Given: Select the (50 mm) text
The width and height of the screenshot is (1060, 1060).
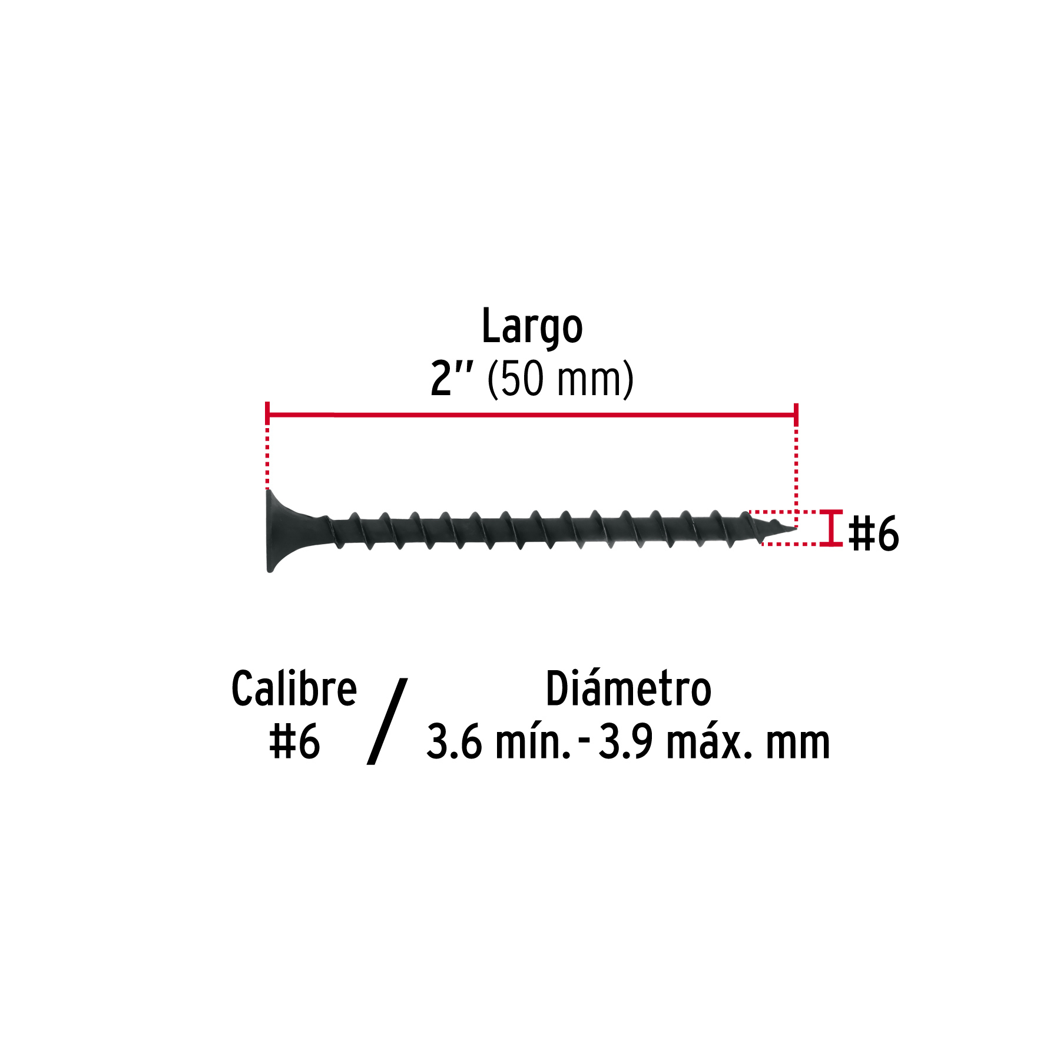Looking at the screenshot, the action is (560, 380).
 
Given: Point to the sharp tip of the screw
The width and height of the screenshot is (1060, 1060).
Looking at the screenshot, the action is (795, 528).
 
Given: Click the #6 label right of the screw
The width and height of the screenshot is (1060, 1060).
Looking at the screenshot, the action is (874, 534).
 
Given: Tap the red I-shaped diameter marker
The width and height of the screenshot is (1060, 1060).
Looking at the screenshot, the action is (832, 528).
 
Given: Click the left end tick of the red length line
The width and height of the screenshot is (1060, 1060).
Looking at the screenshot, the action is (267, 413).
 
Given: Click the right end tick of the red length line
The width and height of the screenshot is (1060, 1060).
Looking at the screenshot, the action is (796, 415).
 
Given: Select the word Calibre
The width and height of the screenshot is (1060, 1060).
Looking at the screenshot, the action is (294, 688).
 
